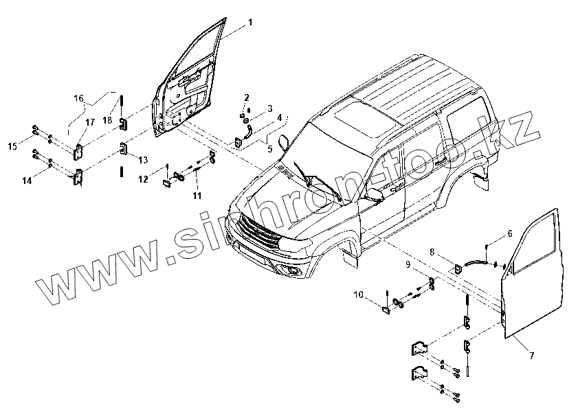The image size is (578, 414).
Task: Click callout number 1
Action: pos(250,23)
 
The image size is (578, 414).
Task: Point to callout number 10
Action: pos(358,295)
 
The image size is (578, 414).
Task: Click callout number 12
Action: pos(142,179)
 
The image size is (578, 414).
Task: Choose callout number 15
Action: pos(12,146)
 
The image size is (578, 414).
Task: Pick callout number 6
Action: pos(509,234)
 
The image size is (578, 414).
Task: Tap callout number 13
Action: pos(143,160)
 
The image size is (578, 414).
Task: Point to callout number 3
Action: pos(270,108)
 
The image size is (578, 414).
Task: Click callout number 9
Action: pos(408,264)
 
